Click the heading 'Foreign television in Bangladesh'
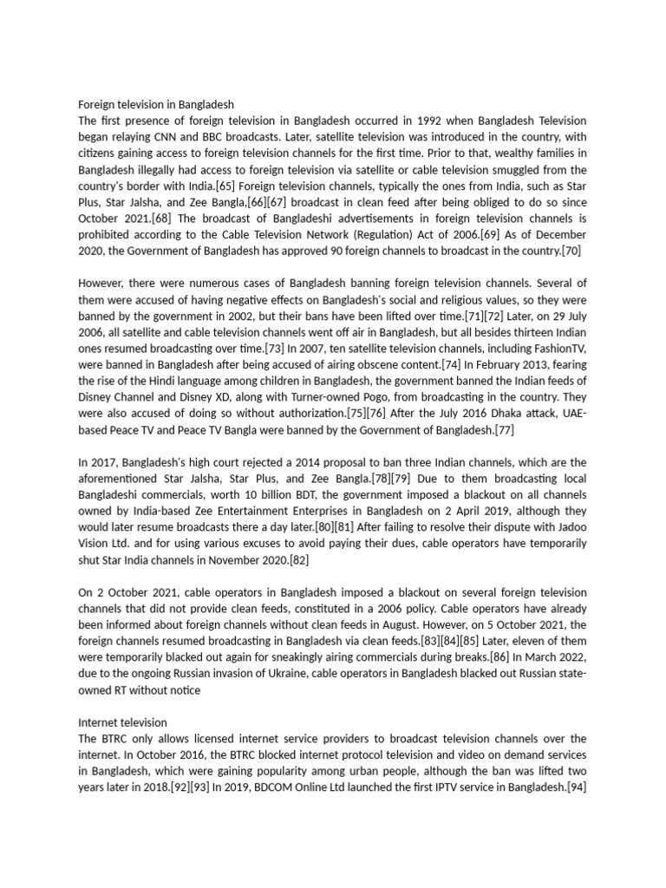click(156, 104)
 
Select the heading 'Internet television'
click(122, 721)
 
